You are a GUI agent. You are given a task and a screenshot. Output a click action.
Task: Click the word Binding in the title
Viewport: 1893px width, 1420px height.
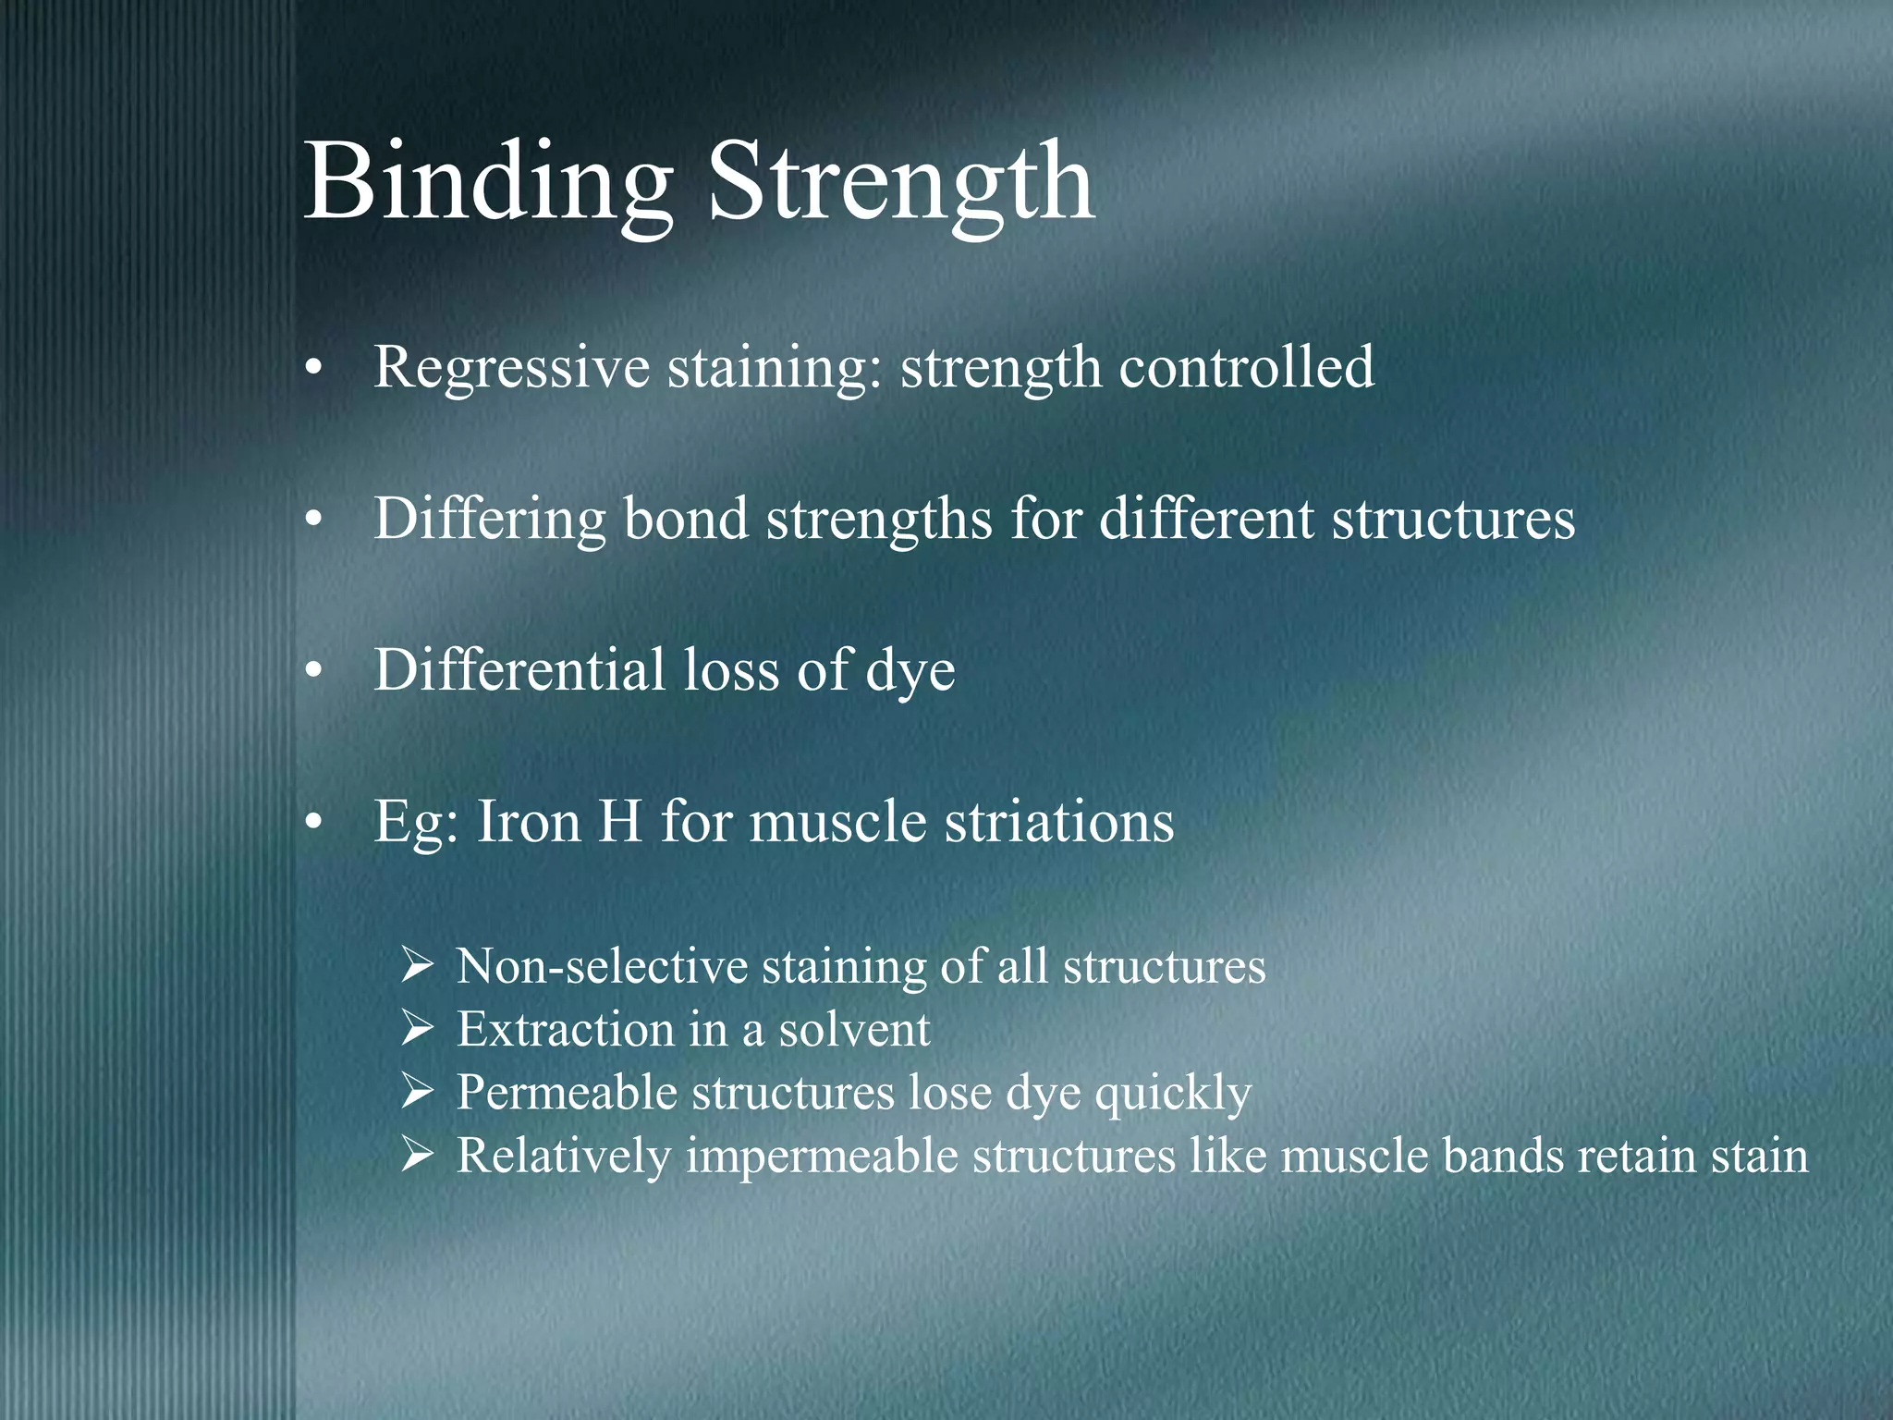pos(488,182)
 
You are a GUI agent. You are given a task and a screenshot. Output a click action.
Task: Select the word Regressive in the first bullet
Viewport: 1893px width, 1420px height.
pos(511,367)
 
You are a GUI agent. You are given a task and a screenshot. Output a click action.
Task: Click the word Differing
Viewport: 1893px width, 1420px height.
pos(489,519)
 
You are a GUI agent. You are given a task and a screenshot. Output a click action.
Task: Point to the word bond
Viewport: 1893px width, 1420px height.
pos(685,519)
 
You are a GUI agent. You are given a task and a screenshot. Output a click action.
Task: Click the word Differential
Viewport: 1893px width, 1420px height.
pos(519,669)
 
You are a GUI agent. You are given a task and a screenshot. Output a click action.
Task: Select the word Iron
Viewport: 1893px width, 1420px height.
pos(528,821)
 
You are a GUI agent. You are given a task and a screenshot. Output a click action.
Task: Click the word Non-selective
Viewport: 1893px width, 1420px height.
pos(602,967)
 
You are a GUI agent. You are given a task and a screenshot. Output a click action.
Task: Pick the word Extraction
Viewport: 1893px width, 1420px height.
pos(565,1030)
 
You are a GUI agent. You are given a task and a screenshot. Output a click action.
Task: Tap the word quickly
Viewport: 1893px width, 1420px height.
pos(1173,1093)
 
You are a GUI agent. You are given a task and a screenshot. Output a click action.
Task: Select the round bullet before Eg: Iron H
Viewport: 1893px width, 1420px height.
pos(314,823)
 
